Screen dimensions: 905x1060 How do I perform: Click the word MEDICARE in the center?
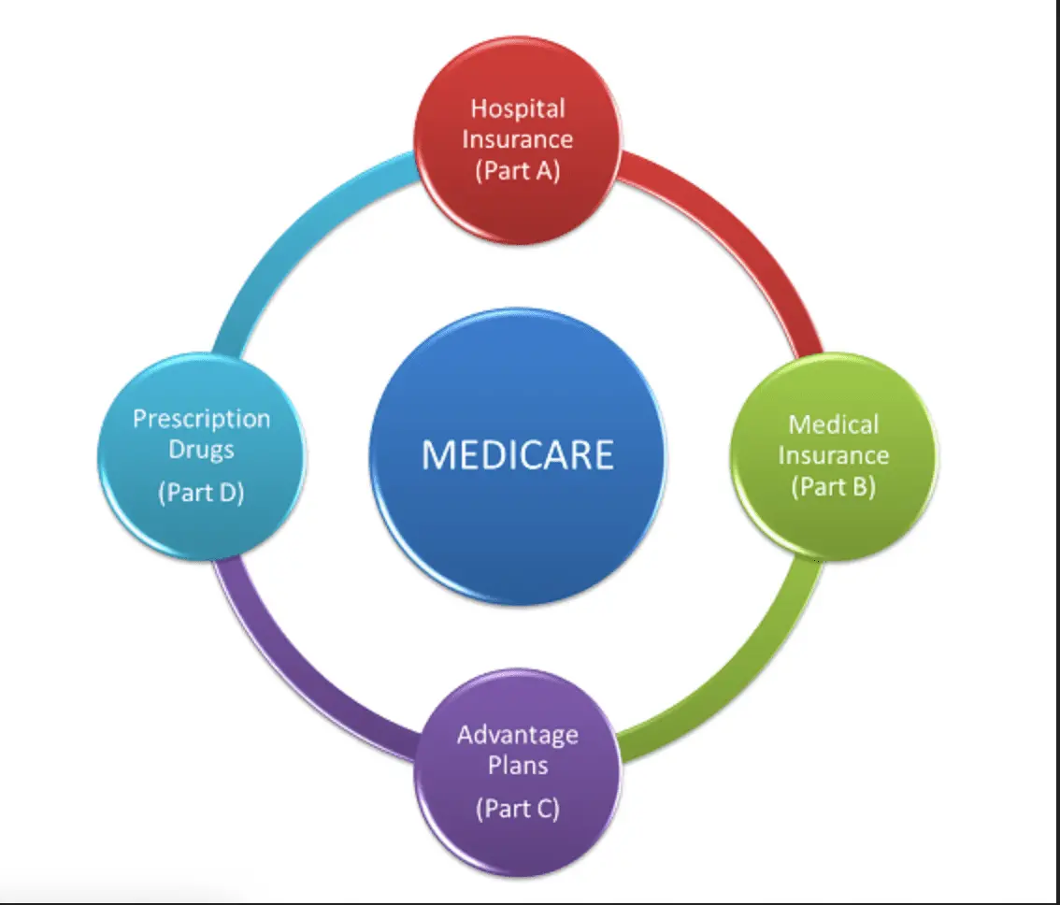click(517, 454)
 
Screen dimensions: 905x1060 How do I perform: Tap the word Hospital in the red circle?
click(517, 108)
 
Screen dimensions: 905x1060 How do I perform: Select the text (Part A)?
click(517, 171)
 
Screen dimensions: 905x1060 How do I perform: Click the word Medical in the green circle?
click(833, 424)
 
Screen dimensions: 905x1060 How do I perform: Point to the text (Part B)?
click(833, 486)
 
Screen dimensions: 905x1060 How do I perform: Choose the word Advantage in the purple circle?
click(517, 734)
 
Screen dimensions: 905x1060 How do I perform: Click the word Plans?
click(517, 765)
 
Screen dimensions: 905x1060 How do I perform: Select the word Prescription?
click(201, 418)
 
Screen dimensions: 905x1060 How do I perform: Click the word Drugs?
click(201, 449)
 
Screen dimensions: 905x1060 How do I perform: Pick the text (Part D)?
click(201, 492)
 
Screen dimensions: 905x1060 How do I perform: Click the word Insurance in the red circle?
click(517, 139)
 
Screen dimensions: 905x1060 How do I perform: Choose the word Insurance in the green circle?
click(833, 455)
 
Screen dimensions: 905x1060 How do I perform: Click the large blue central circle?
click(517, 524)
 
